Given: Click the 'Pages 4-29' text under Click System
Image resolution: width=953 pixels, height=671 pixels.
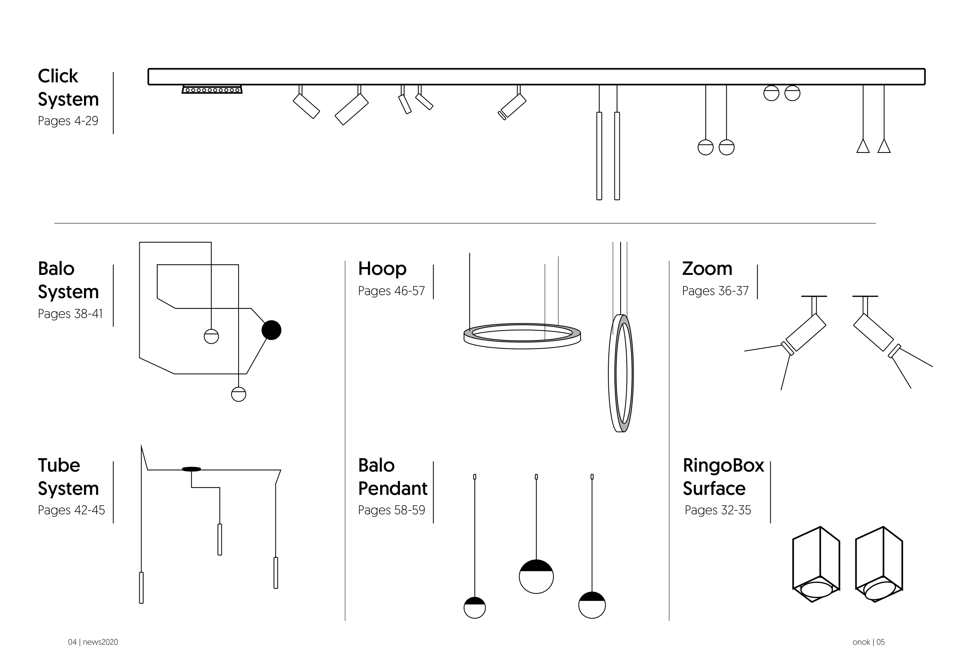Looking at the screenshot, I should (x=68, y=121).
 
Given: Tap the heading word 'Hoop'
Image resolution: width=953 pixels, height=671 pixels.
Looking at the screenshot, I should (x=382, y=269).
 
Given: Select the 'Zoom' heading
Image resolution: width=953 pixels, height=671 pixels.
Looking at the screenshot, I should (x=707, y=269).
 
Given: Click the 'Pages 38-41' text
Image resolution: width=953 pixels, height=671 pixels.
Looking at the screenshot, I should (x=70, y=313).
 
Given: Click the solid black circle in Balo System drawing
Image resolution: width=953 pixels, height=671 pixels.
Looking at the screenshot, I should (x=271, y=330).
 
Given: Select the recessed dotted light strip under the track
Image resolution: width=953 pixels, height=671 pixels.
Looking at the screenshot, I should (x=212, y=90).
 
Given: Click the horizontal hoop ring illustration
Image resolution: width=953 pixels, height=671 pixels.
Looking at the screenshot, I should (x=522, y=336).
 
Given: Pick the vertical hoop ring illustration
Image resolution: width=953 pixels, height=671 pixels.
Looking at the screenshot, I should (x=621, y=373).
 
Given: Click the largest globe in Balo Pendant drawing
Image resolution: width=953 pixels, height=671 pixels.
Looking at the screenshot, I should (x=536, y=576).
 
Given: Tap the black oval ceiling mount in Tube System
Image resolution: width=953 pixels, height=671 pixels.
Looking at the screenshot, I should (x=191, y=469).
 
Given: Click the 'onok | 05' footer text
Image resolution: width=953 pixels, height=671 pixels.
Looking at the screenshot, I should (x=868, y=642).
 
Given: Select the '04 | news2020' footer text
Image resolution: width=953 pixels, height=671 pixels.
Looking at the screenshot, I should (x=93, y=642).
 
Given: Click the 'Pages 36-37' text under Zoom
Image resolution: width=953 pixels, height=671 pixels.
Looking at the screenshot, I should (x=715, y=291).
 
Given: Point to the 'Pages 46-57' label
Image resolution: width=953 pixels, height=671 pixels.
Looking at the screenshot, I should (x=392, y=291).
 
